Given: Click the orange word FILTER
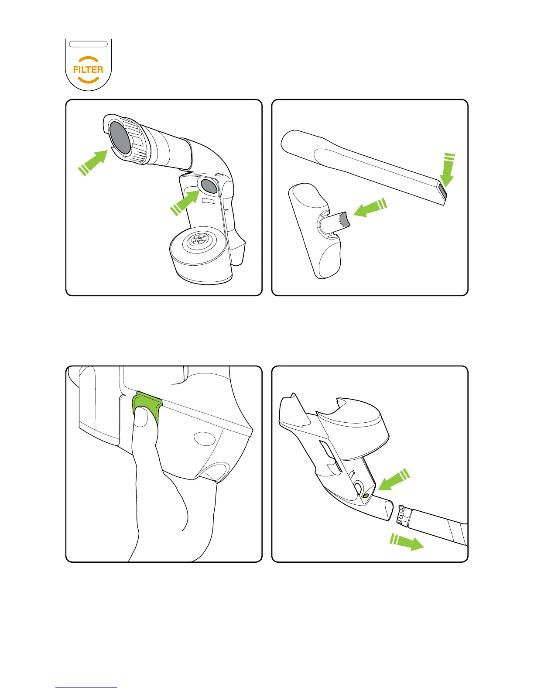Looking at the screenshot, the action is tap(88, 70).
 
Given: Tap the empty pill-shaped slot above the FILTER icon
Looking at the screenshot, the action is tap(89, 44).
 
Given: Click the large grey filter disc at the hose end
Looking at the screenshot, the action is tap(120, 138).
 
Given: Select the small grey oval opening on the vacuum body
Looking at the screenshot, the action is tap(209, 186).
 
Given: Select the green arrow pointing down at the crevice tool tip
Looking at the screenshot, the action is tap(448, 170).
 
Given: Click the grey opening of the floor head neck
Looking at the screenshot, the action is tap(345, 219).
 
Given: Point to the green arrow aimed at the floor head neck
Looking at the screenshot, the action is tap(370, 208).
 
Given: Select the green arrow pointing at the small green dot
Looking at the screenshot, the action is tap(394, 480).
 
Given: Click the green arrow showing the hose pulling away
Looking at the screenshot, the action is tap(407, 542).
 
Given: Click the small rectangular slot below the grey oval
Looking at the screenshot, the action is tap(207, 201).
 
